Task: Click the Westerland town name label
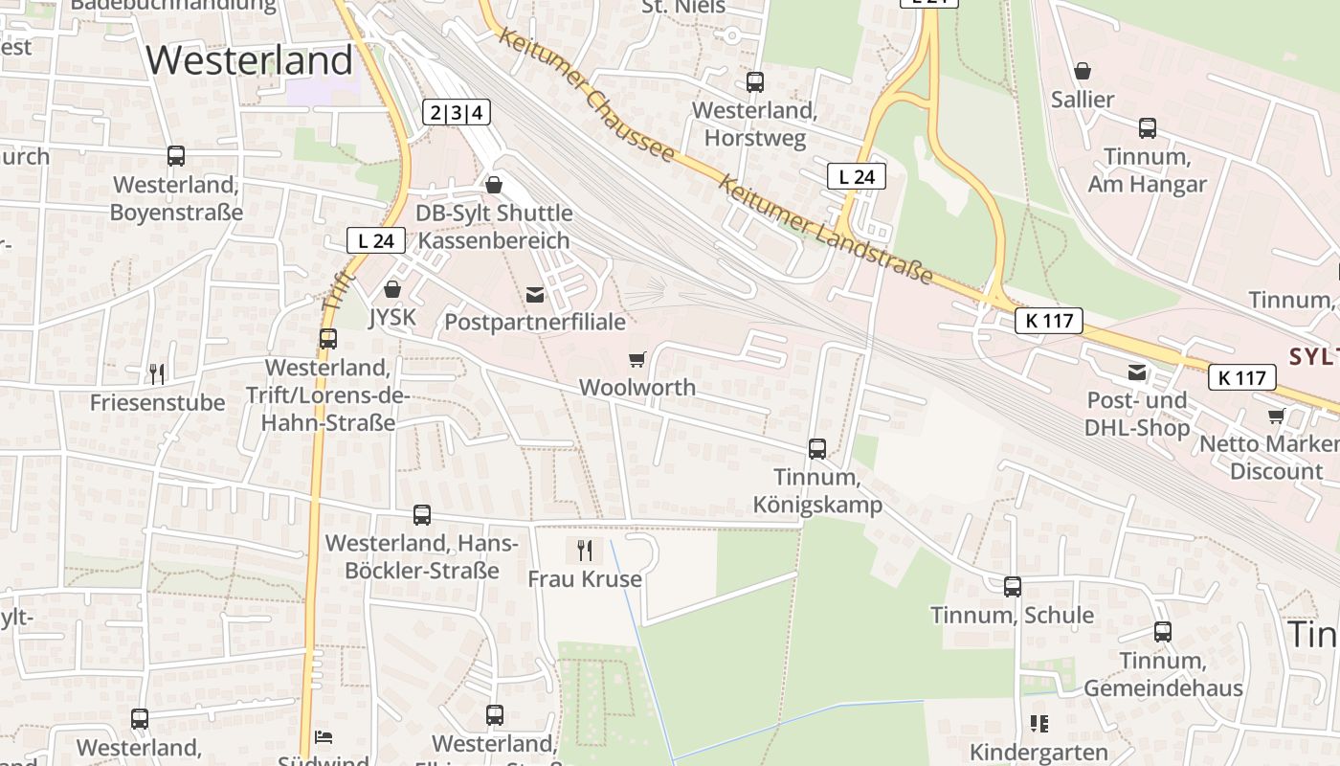(250, 60)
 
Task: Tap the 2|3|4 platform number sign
(457, 112)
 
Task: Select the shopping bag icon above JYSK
(391, 288)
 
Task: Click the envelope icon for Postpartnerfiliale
(534, 294)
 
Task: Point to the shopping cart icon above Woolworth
(636, 359)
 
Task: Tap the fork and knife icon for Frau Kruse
(585, 551)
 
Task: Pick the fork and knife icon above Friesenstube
(157, 373)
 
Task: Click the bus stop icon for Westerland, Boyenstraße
(176, 155)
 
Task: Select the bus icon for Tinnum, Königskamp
(816, 448)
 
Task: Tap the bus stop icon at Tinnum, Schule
(1013, 586)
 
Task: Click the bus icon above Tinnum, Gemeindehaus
(1162, 632)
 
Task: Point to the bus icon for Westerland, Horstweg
(755, 81)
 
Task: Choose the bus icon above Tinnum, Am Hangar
(1147, 127)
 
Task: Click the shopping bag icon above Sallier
(1083, 71)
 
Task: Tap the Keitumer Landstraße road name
(825, 230)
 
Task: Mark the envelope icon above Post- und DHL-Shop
(1136, 372)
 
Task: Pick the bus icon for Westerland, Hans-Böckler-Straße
(422, 515)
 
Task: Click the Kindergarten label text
(1038, 753)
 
